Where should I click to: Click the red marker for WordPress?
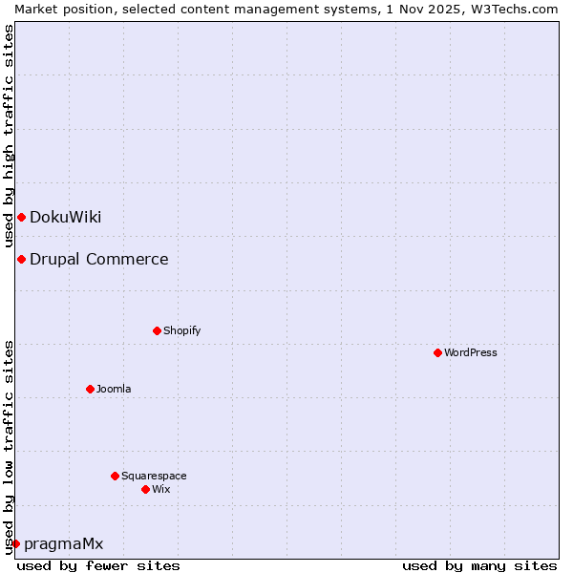tap(437, 352)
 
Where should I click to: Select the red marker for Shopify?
tap(157, 330)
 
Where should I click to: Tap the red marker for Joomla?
tap(90, 389)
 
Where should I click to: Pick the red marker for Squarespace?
tap(115, 476)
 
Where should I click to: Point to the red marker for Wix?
tap(145, 489)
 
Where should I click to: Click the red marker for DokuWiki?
tap(21, 217)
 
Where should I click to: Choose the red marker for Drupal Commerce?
tap(21, 259)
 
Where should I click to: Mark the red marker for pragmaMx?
tap(15, 543)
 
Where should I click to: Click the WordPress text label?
tap(471, 352)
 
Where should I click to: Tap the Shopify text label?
tap(181, 330)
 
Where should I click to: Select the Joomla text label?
tap(114, 389)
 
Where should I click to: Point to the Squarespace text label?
tap(154, 476)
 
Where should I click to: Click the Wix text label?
tap(160, 489)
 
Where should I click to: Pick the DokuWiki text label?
tap(65, 217)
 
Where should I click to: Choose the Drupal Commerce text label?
tap(98, 259)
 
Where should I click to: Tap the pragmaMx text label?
tap(63, 543)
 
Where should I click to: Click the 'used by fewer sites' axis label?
tap(98, 565)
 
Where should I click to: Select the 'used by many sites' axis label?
tap(479, 565)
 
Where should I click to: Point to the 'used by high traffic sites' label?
tap(9, 137)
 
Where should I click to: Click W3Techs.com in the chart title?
tap(513, 9)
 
